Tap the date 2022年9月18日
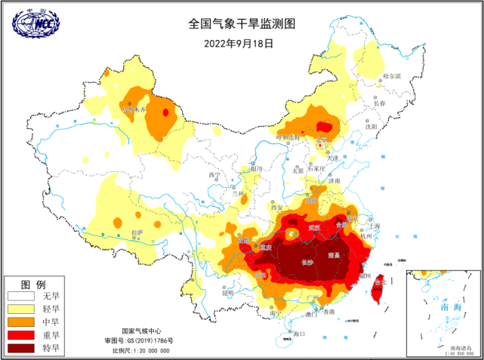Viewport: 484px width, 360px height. click(x=238, y=43)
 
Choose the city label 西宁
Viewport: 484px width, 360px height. click(x=214, y=175)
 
